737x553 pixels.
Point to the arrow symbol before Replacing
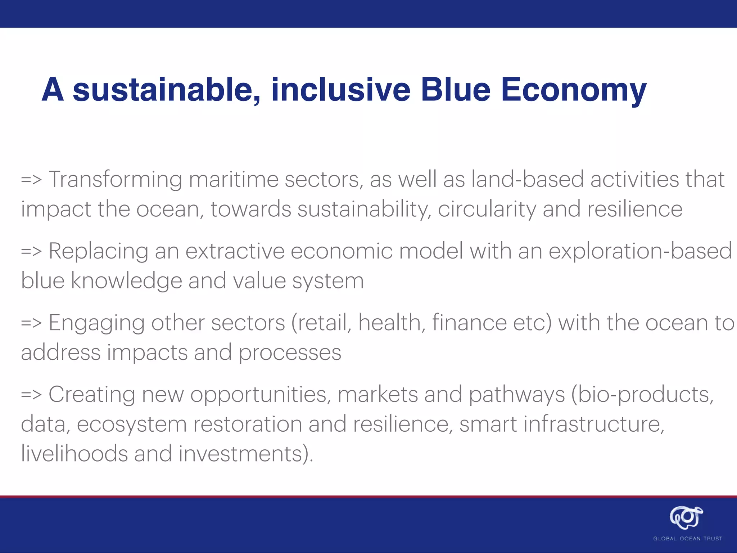click(x=32, y=251)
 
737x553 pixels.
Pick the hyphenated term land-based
click(x=528, y=179)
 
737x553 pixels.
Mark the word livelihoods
click(x=74, y=454)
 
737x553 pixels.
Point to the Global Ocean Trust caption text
click(x=687, y=539)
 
